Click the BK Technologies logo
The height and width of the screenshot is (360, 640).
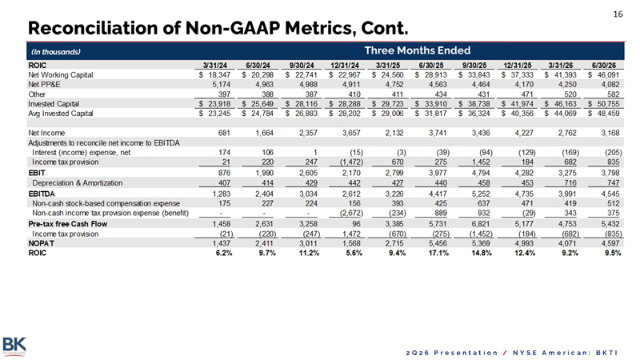pos(14,346)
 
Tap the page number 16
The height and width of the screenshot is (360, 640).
pos(618,14)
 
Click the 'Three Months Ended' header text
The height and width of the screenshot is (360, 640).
pos(417,50)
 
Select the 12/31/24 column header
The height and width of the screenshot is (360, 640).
pos(345,66)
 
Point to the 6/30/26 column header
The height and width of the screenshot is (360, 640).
pos(604,66)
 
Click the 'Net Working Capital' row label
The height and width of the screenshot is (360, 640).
pos(61,75)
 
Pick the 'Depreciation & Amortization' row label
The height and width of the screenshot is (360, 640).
pos(77,183)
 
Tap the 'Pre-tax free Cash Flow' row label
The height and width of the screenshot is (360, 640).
pos(68,224)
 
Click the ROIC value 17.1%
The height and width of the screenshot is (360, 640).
pos(438,253)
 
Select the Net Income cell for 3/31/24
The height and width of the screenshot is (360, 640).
pos(224,133)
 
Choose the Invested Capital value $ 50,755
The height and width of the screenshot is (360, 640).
pos(604,104)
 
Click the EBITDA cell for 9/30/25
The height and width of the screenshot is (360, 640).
pos(481,194)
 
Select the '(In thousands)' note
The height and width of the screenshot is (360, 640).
pos(56,52)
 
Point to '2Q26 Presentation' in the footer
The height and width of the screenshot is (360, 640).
pos(452,353)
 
